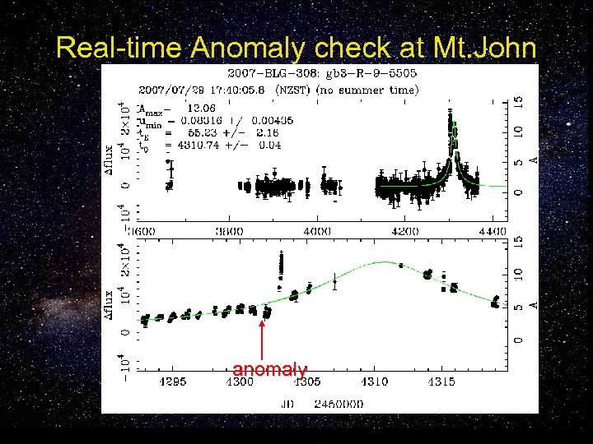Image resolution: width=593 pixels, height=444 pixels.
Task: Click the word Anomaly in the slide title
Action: click(240, 49)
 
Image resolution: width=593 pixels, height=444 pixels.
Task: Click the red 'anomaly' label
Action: click(269, 370)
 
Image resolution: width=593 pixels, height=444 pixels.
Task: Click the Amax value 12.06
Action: click(203, 108)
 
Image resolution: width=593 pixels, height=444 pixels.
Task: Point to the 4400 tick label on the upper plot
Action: click(492, 232)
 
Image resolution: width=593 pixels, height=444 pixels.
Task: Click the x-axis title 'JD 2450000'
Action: click(320, 403)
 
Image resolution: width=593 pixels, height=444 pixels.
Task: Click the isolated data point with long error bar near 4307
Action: click(334, 282)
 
